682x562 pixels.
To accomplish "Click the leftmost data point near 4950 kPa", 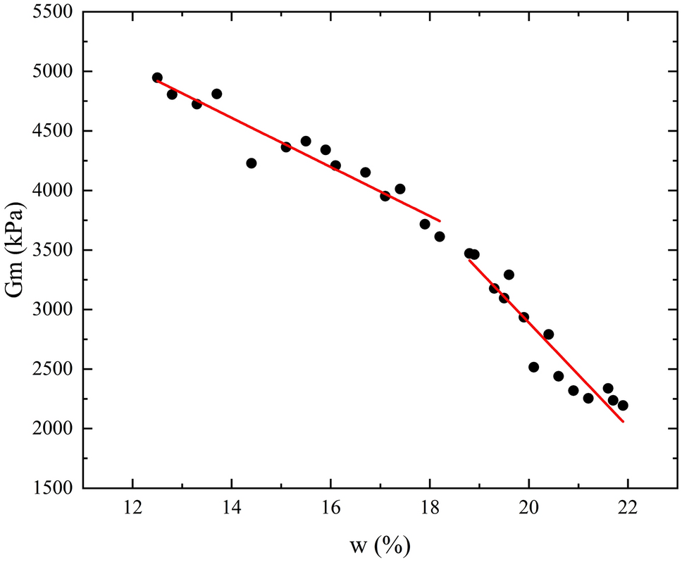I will point(157,77).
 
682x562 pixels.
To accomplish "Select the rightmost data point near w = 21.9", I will point(623,406).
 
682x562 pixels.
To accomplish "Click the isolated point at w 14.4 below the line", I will point(252,163).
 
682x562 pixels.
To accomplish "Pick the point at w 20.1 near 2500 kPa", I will point(533,367).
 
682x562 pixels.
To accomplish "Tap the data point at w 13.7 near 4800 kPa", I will point(216,94).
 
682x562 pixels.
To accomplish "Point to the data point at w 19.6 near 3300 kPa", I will point(509,275).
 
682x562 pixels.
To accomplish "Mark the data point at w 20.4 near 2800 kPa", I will point(548,334).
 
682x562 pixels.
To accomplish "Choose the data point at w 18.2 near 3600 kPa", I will point(440,237).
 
